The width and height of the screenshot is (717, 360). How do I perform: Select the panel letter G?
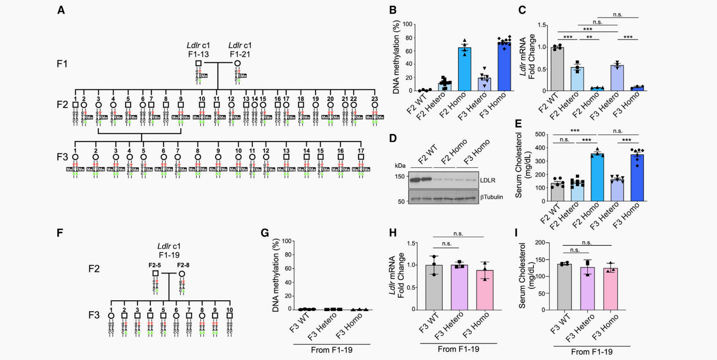pos(265,232)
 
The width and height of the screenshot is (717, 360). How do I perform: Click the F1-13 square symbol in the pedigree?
pos(198,63)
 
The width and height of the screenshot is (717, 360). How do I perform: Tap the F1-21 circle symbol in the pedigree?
pos(237,63)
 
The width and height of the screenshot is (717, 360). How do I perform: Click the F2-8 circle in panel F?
pos(182,273)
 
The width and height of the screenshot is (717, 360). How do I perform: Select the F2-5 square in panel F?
pos(155,273)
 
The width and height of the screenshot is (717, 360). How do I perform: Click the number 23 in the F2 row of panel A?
pos(375,98)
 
